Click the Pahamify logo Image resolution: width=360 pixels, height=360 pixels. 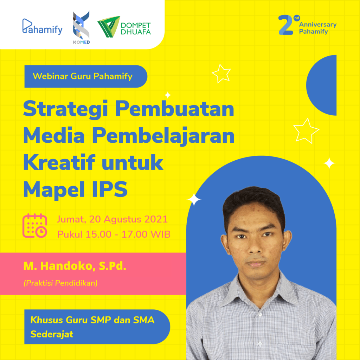pos(42,27)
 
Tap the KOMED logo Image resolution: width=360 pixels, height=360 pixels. pos(81,27)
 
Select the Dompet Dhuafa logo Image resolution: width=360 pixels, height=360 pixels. pos(124,27)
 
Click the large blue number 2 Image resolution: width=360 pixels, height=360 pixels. pos(285,25)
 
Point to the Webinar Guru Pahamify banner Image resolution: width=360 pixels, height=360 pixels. pos(86,76)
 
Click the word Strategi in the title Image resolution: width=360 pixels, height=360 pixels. pos(65,109)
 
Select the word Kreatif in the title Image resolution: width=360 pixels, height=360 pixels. pos(59,162)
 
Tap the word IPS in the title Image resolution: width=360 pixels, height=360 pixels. pos(110,189)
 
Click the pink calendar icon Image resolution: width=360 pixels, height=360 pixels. pos(35,226)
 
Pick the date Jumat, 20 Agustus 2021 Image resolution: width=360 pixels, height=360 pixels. pos(112,219)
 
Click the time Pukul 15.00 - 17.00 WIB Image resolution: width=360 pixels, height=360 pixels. pos(114,234)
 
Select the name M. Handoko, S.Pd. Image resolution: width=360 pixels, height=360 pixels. pos(75,266)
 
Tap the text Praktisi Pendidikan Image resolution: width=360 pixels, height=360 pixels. pos(60,283)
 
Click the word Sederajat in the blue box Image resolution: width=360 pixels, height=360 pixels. pos(52,334)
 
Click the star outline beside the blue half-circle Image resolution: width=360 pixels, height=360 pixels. pos(306,131)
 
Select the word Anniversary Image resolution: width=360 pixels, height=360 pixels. pos(318,24)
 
